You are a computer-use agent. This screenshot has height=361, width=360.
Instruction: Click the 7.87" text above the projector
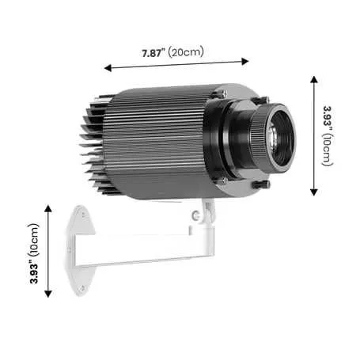[153, 53]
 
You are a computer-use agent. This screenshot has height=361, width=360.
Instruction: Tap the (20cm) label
[186, 51]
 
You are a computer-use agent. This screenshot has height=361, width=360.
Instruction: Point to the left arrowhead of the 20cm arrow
[108, 68]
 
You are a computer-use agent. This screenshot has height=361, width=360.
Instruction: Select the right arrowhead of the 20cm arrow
[245, 62]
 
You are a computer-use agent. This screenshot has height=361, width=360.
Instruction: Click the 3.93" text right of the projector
[328, 118]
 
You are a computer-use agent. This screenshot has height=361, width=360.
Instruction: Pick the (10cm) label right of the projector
[328, 150]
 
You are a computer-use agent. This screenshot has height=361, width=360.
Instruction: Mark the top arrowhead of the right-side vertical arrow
[314, 79]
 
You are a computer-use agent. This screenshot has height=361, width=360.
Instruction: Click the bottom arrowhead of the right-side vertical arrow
[314, 192]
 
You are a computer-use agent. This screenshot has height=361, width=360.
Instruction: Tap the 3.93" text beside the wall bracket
[34, 272]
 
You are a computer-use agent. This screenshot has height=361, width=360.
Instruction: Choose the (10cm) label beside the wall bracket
[33, 240]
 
